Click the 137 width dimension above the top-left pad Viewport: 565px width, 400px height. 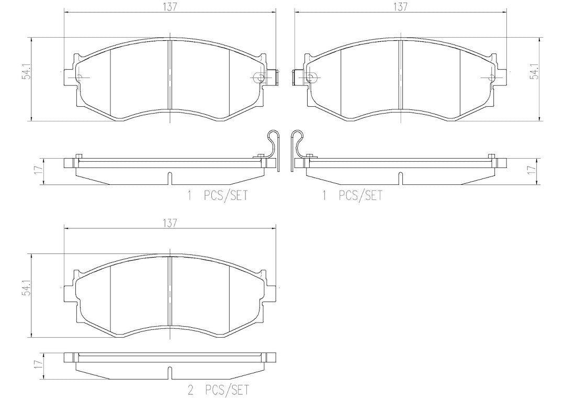pyautogui.click(x=170, y=7)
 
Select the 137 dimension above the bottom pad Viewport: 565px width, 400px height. pyautogui.click(x=170, y=223)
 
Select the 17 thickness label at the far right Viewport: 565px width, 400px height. pyautogui.click(x=529, y=170)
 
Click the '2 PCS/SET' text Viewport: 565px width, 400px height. pyautogui.click(x=218, y=390)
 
